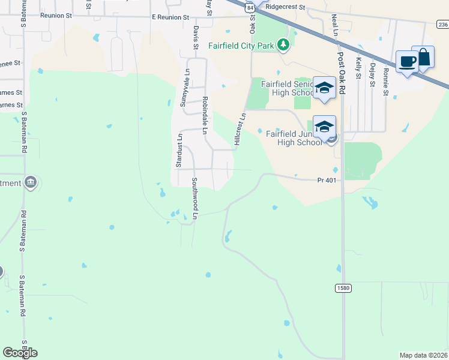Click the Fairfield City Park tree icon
coord(283,45)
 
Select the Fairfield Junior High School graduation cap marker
coord(324,126)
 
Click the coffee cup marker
coord(407,61)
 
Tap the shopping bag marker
coord(423,58)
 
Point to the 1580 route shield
coord(343,289)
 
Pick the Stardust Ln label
coord(178,151)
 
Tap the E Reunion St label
coord(170,18)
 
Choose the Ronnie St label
coord(386,77)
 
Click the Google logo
coord(20,353)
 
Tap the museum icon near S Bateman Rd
coord(31,182)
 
